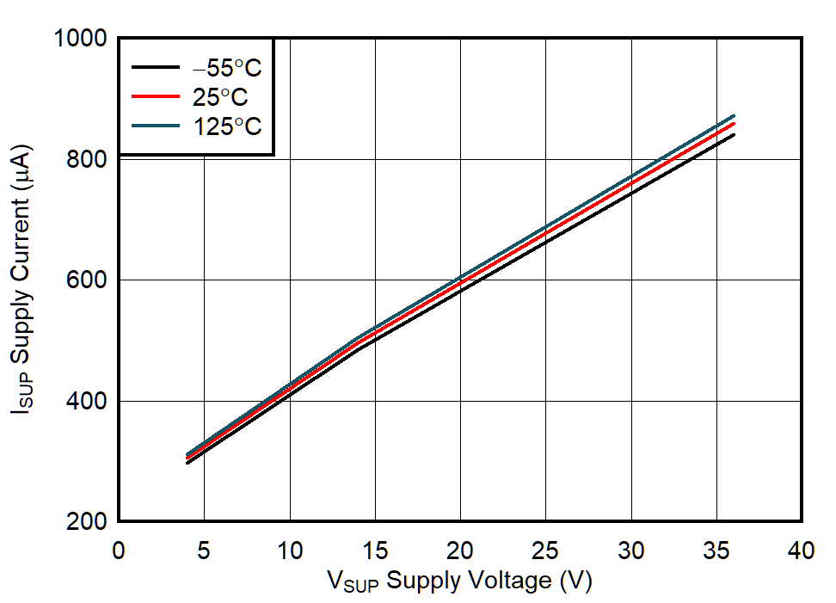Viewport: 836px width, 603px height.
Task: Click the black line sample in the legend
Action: [x=155, y=68]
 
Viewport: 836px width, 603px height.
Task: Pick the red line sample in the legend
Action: [x=155, y=96]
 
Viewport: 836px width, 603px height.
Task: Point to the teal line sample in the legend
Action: [x=155, y=126]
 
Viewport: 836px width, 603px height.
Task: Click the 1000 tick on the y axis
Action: [x=79, y=40]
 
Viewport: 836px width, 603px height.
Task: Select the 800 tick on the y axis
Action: [x=86, y=160]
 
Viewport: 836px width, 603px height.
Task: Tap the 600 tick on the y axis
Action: [x=86, y=280]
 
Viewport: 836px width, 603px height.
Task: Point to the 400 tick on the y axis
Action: [x=86, y=402]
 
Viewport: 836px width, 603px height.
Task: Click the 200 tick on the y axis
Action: [x=86, y=522]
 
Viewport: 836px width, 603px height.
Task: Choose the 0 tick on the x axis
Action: [x=119, y=551]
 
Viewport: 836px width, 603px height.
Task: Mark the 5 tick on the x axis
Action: [x=204, y=551]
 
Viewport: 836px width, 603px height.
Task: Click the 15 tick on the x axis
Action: [x=375, y=551]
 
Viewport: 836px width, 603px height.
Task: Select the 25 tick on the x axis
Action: [x=545, y=551]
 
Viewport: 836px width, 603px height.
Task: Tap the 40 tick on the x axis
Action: [x=802, y=551]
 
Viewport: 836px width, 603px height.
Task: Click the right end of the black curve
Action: [x=734, y=134]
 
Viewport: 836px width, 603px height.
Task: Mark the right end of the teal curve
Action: [x=734, y=115]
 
